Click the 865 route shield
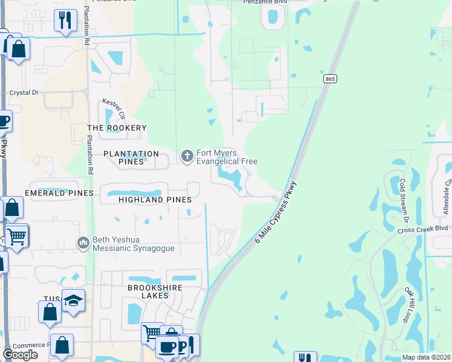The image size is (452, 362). [330, 79]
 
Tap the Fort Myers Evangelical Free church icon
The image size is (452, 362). [187, 157]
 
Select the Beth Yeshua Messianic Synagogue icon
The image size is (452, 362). [83, 243]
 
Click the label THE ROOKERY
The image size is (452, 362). [117, 128]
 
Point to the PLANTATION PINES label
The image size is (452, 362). [131, 154]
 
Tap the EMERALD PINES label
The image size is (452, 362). [59, 193]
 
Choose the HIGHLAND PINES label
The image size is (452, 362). [155, 200]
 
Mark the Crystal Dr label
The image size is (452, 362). [24, 93]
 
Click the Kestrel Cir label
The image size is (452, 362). [113, 109]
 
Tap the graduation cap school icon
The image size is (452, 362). [73, 300]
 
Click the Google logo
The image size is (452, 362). [20, 355]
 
